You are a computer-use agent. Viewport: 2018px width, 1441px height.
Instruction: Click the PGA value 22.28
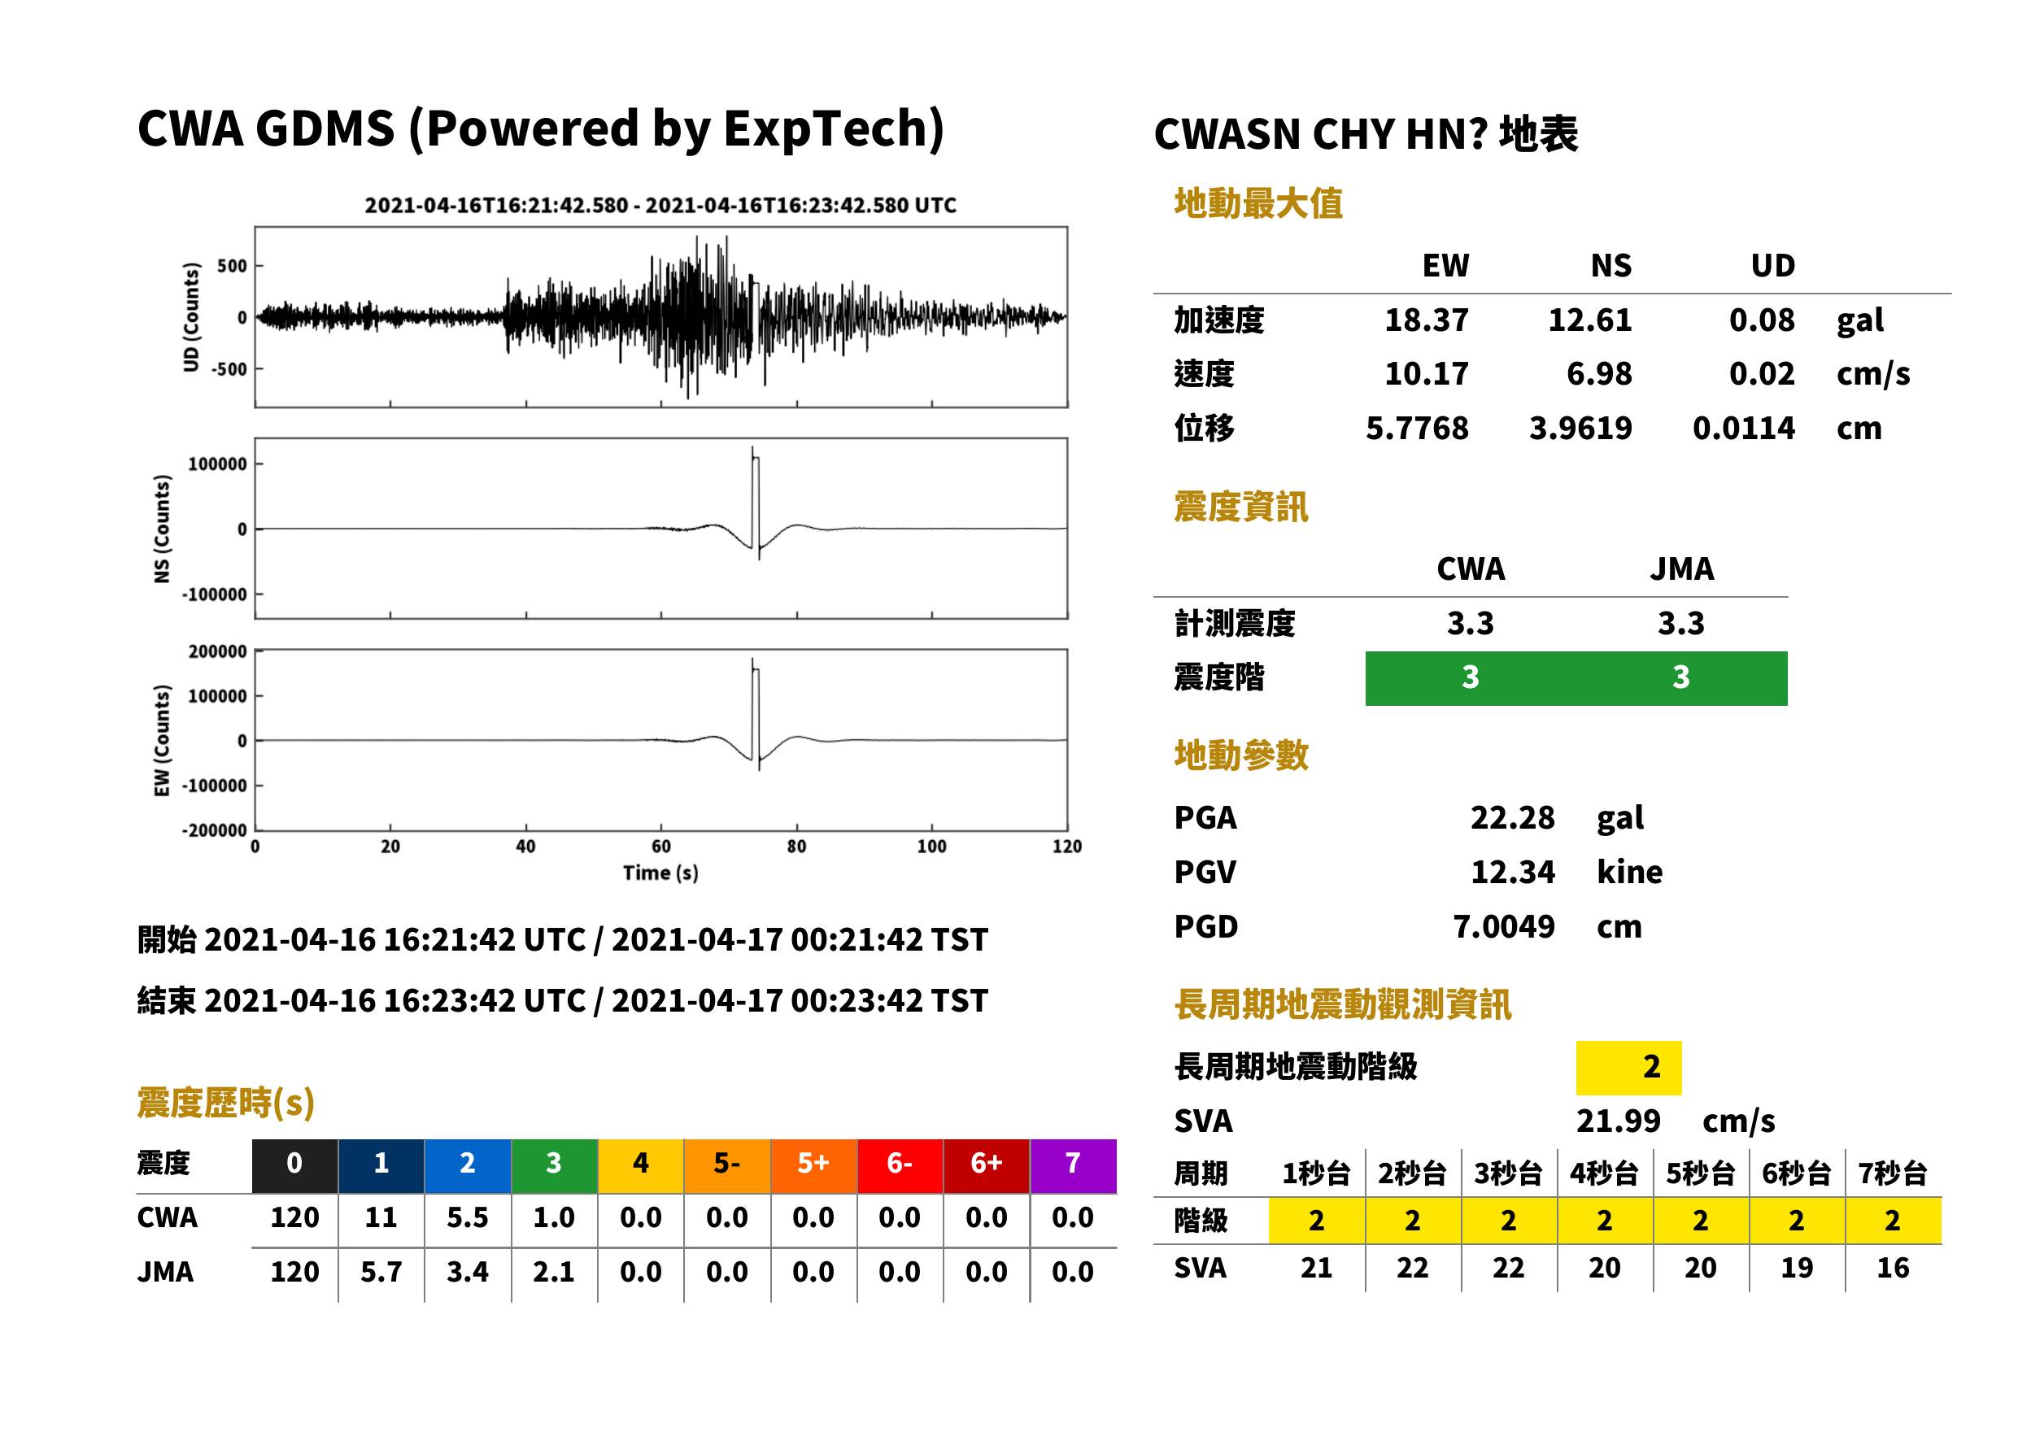pyautogui.click(x=1512, y=817)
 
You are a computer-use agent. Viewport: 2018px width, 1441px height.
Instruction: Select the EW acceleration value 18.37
pyautogui.click(x=1426, y=320)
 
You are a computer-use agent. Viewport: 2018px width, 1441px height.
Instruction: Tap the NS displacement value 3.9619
pyautogui.click(x=1580, y=429)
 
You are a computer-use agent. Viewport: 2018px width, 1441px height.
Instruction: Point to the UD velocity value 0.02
pyautogui.click(x=1762, y=374)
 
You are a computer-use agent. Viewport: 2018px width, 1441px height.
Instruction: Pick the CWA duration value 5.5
pyautogui.click(x=468, y=1217)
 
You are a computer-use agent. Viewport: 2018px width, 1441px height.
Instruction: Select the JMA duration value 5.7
pyautogui.click(x=381, y=1273)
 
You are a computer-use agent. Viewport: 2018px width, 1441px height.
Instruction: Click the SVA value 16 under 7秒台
pyautogui.click(x=1893, y=1268)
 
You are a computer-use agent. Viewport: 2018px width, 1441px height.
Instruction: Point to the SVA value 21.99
pyautogui.click(x=1618, y=1121)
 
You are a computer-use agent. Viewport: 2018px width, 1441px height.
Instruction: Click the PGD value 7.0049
pyautogui.click(x=1503, y=927)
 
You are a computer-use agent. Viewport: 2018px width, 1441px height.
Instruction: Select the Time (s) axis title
pyautogui.click(x=661, y=873)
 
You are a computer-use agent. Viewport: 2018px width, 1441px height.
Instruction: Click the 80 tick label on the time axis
pyautogui.click(x=797, y=847)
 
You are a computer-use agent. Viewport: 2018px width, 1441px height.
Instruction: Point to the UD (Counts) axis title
pyautogui.click(x=192, y=317)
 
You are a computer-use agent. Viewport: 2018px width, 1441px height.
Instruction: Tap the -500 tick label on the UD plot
pyautogui.click(x=230, y=369)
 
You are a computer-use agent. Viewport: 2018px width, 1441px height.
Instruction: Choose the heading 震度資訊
pyautogui.click(x=1240, y=507)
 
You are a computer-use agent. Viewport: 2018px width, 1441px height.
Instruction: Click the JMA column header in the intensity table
pyautogui.click(x=1682, y=568)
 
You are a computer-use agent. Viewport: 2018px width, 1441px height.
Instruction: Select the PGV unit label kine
pyautogui.click(x=1629, y=873)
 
